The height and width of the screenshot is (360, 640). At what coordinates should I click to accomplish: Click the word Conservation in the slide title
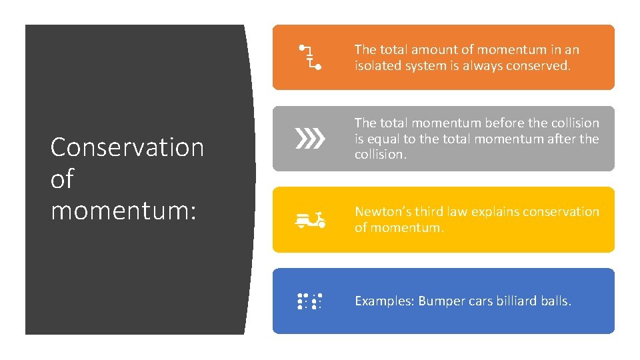pyautogui.click(x=127, y=147)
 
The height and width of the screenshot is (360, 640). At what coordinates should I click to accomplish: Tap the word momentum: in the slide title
pyautogui.click(x=123, y=211)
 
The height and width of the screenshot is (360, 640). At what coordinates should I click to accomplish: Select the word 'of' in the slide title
pyautogui.click(x=62, y=179)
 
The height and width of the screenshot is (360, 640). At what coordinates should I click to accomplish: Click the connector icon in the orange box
pyautogui.click(x=310, y=57)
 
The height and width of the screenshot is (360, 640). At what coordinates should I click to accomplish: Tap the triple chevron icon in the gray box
pyautogui.click(x=310, y=139)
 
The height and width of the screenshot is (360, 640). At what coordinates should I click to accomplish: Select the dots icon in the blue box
pyautogui.click(x=310, y=301)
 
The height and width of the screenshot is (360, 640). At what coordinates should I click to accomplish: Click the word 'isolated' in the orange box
pyautogui.click(x=378, y=66)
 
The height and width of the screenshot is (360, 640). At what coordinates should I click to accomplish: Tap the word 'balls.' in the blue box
pyautogui.click(x=557, y=301)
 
